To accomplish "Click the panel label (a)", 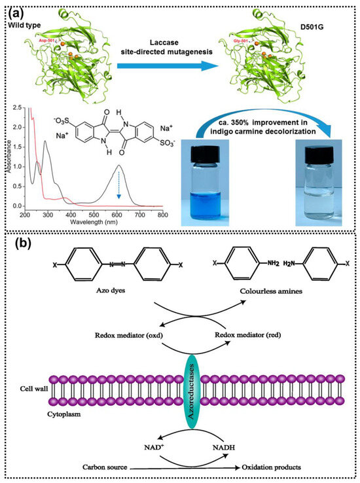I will tap(16, 10).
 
